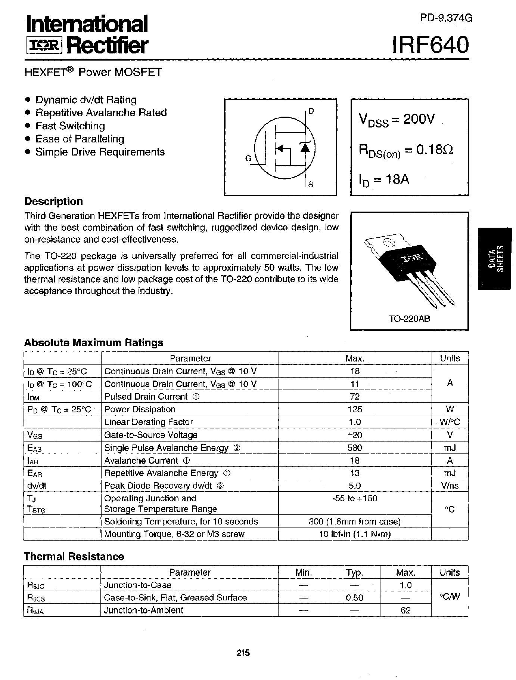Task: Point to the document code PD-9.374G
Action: point(446,18)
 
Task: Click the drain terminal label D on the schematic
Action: point(311,111)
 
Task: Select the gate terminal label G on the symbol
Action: point(248,159)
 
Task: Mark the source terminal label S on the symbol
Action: point(311,184)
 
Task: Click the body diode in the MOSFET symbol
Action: point(305,148)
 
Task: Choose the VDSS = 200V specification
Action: point(397,120)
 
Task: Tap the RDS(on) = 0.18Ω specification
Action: point(406,151)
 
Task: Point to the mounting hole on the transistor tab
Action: point(389,243)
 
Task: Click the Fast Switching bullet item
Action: point(70,126)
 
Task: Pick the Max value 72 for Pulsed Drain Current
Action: point(355,396)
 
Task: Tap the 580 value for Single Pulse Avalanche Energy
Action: point(355,447)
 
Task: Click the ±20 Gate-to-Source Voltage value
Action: point(355,435)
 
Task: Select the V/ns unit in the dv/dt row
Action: point(450,486)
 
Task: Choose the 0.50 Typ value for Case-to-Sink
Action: point(354,597)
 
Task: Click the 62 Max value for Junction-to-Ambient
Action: point(405,610)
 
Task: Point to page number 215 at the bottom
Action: point(243,653)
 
